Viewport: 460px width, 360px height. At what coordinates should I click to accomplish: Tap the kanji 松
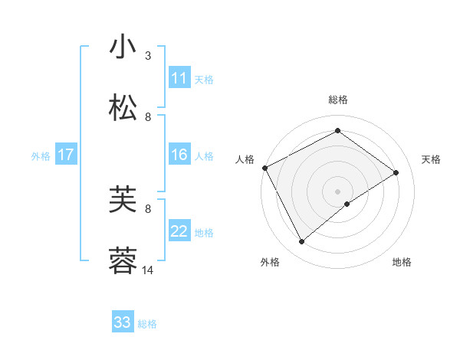pyautogui.click(x=123, y=108)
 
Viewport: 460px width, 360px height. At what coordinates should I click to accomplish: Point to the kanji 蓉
pyautogui.click(x=123, y=261)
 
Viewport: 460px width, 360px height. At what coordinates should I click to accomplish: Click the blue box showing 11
pyautogui.click(x=179, y=78)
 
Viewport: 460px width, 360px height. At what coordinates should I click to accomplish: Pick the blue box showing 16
pyautogui.click(x=179, y=155)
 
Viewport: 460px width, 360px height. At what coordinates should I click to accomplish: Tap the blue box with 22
pyautogui.click(x=179, y=231)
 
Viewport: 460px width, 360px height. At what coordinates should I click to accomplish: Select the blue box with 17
pyautogui.click(x=66, y=155)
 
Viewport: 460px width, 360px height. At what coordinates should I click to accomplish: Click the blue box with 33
pyautogui.click(x=123, y=322)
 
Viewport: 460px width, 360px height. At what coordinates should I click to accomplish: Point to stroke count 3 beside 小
pyautogui.click(x=148, y=56)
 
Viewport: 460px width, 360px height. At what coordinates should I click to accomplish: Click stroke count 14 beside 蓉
pyautogui.click(x=148, y=270)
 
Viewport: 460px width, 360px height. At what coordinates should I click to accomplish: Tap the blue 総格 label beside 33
pyautogui.click(x=147, y=324)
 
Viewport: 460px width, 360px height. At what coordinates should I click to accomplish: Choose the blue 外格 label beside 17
pyautogui.click(x=41, y=155)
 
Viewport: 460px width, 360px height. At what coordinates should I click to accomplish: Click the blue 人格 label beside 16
pyautogui.click(x=204, y=155)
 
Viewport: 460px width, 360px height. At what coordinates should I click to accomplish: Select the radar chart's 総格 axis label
pyautogui.click(x=338, y=100)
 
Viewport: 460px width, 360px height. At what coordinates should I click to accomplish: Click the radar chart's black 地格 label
pyautogui.click(x=402, y=262)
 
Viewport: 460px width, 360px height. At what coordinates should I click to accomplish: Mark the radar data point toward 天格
pyautogui.click(x=396, y=172)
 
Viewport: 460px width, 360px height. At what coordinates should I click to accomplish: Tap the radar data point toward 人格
pyautogui.click(x=264, y=168)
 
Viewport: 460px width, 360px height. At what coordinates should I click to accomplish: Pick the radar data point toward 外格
pyautogui.click(x=302, y=242)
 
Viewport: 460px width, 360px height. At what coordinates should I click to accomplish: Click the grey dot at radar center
pyautogui.click(x=338, y=191)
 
